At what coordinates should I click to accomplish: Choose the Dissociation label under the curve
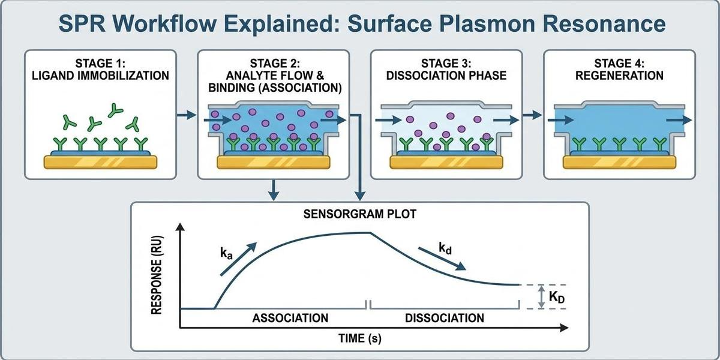[445, 317]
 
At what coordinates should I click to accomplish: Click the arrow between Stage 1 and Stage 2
[188, 115]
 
